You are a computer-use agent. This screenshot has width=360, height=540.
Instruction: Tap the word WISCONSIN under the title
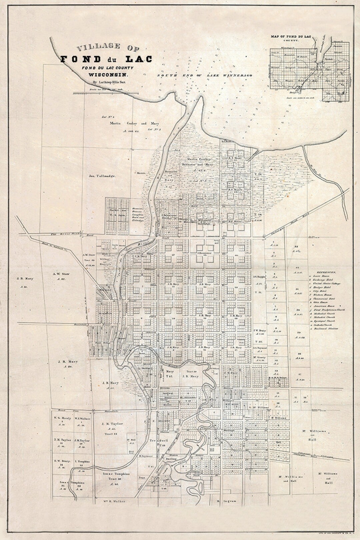click(x=105, y=74)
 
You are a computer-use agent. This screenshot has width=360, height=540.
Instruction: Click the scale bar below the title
click(x=105, y=94)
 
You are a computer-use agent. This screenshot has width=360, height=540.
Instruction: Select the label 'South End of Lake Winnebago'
click(x=205, y=76)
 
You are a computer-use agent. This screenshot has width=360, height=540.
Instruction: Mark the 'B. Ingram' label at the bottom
click(x=227, y=501)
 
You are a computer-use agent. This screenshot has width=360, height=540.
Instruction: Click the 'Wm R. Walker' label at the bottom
click(x=110, y=501)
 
